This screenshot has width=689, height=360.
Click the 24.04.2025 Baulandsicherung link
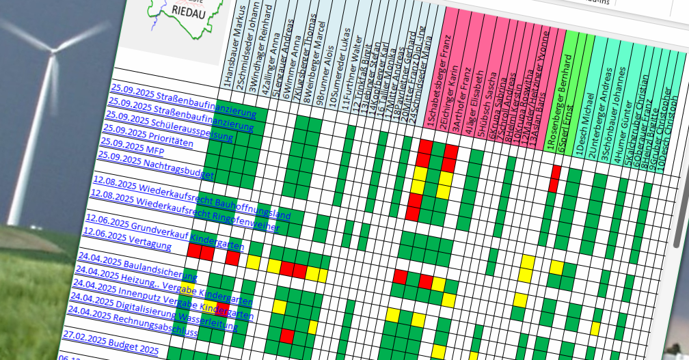[137, 266]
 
